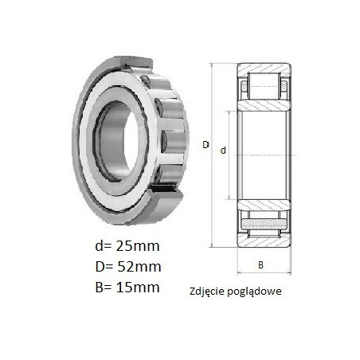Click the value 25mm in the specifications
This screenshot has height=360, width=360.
138,246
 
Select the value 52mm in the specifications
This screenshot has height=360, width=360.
139,267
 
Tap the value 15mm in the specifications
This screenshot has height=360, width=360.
138,288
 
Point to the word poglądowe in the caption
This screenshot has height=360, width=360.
253,292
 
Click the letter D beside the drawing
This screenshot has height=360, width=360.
205,145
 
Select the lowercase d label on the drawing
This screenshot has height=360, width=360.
223,151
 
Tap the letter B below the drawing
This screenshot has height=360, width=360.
261,265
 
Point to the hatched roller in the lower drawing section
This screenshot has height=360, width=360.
264,225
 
